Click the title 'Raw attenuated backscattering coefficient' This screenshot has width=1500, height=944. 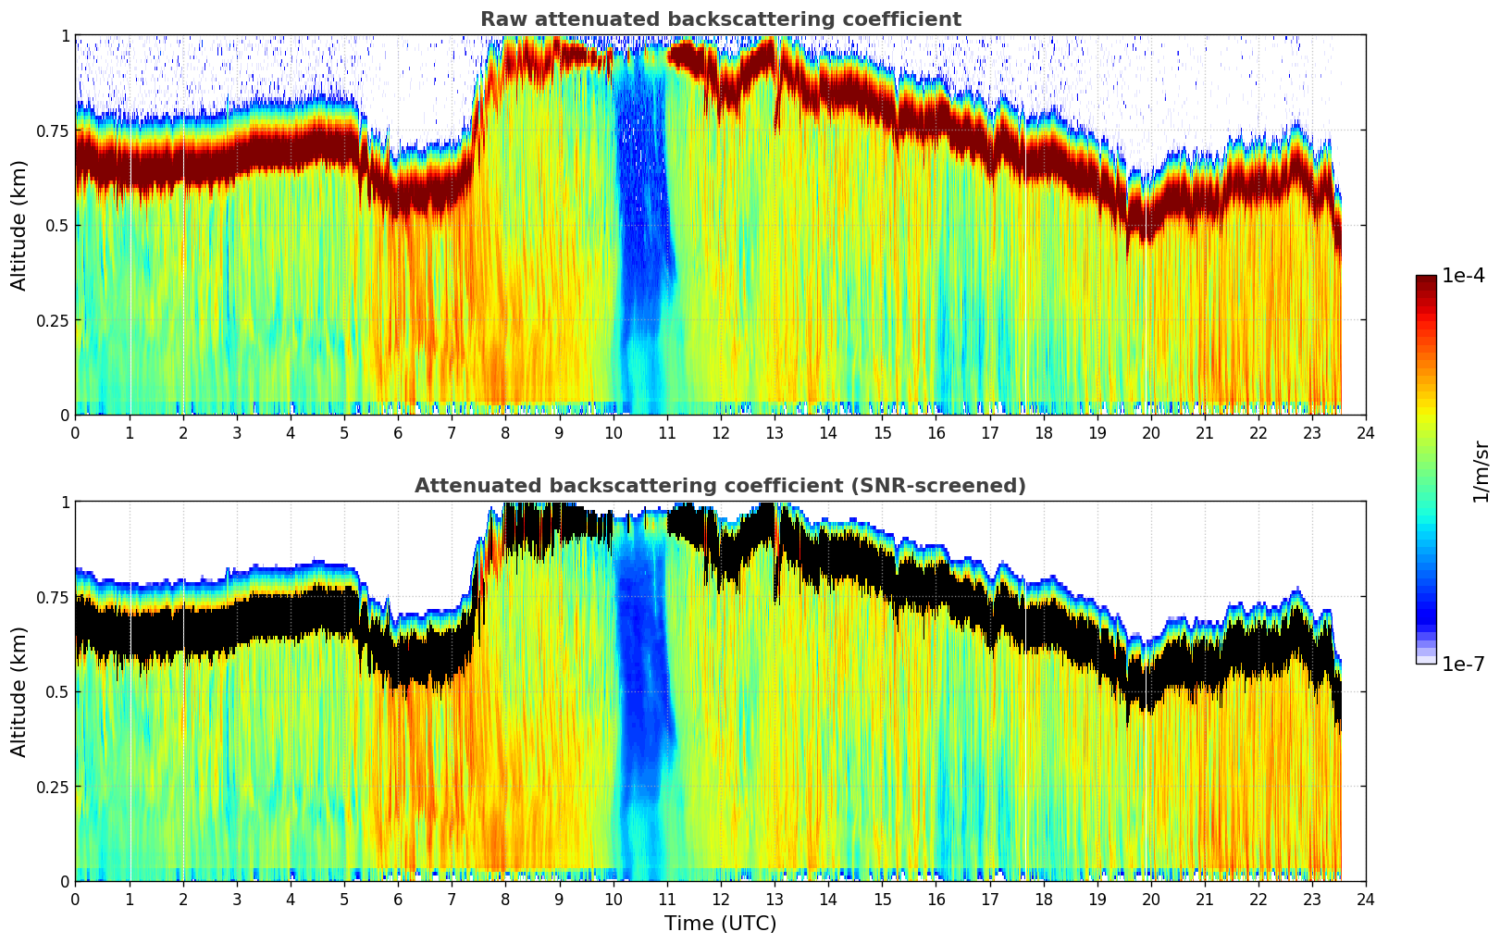(x=720, y=19)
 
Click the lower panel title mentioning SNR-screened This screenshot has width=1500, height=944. (x=720, y=486)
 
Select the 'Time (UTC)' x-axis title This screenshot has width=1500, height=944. (x=720, y=924)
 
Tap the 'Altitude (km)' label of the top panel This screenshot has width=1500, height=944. (x=19, y=225)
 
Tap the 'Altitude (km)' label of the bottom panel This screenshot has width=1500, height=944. (x=19, y=691)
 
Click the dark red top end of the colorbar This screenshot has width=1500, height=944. (x=1426, y=280)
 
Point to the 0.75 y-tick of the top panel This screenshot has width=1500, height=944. (x=54, y=130)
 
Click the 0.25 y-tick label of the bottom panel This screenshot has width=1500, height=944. (x=54, y=787)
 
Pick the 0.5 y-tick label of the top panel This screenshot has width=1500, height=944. (x=57, y=225)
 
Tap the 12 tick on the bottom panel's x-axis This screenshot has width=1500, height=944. (x=721, y=900)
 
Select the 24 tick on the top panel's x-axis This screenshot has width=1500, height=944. (x=1366, y=433)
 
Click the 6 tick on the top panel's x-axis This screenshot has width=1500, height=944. (x=398, y=433)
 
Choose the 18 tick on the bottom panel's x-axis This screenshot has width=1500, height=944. (x=1043, y=900)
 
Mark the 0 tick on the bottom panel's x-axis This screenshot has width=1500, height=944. (x=75, y=900)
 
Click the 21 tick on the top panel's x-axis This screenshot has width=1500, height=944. (x=1205, y=433)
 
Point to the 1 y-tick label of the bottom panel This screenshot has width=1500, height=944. (x=64, y=503)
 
